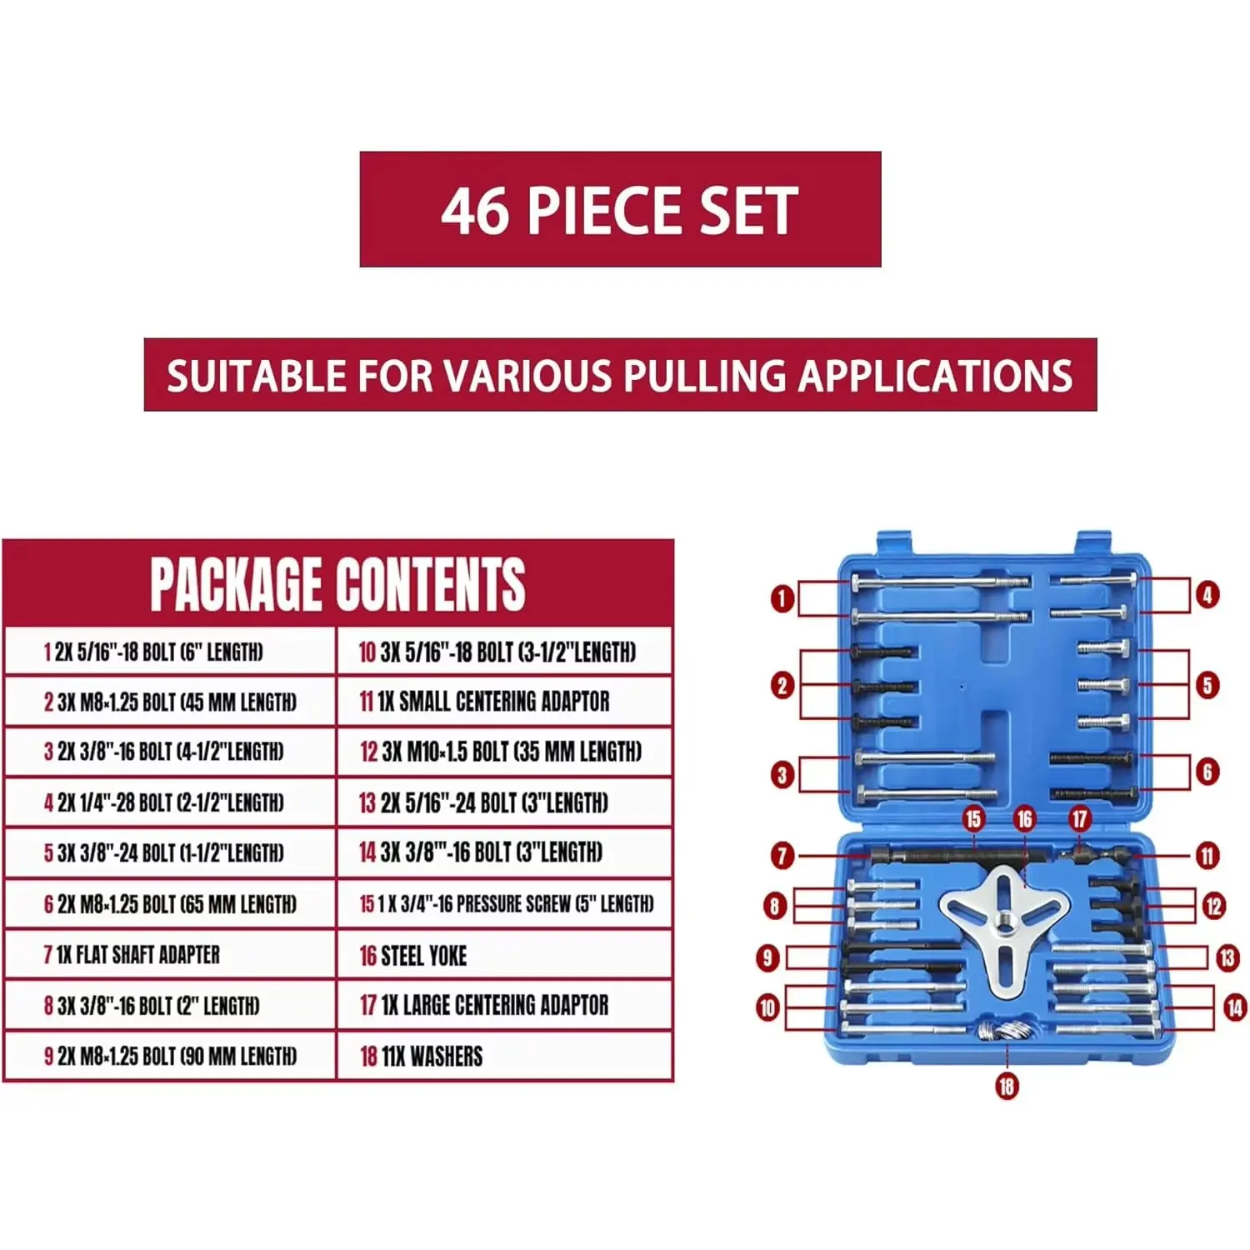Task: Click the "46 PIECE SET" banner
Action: coord(620,209)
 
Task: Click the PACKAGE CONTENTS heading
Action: coord(337,583)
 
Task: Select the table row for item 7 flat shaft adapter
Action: coord(170,954)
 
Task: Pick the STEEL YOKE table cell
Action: coord(505,955)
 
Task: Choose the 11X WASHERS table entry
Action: coord(505,1056)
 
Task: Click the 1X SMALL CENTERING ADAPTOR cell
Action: coord(505,702)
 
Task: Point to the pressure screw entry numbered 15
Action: coord(505,903)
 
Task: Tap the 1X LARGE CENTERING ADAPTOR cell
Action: coord(505,1005)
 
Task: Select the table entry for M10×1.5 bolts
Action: coord(505,752)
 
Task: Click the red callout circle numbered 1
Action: coord(782,598)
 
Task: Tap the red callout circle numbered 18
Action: coord(1007,1086)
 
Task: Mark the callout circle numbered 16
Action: coord(1024,819)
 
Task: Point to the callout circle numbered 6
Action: coord(1207,772)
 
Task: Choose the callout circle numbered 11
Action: coord(1207,855)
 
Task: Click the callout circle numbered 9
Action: coord(767,957)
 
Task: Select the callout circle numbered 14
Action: coord(1235,1008)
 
